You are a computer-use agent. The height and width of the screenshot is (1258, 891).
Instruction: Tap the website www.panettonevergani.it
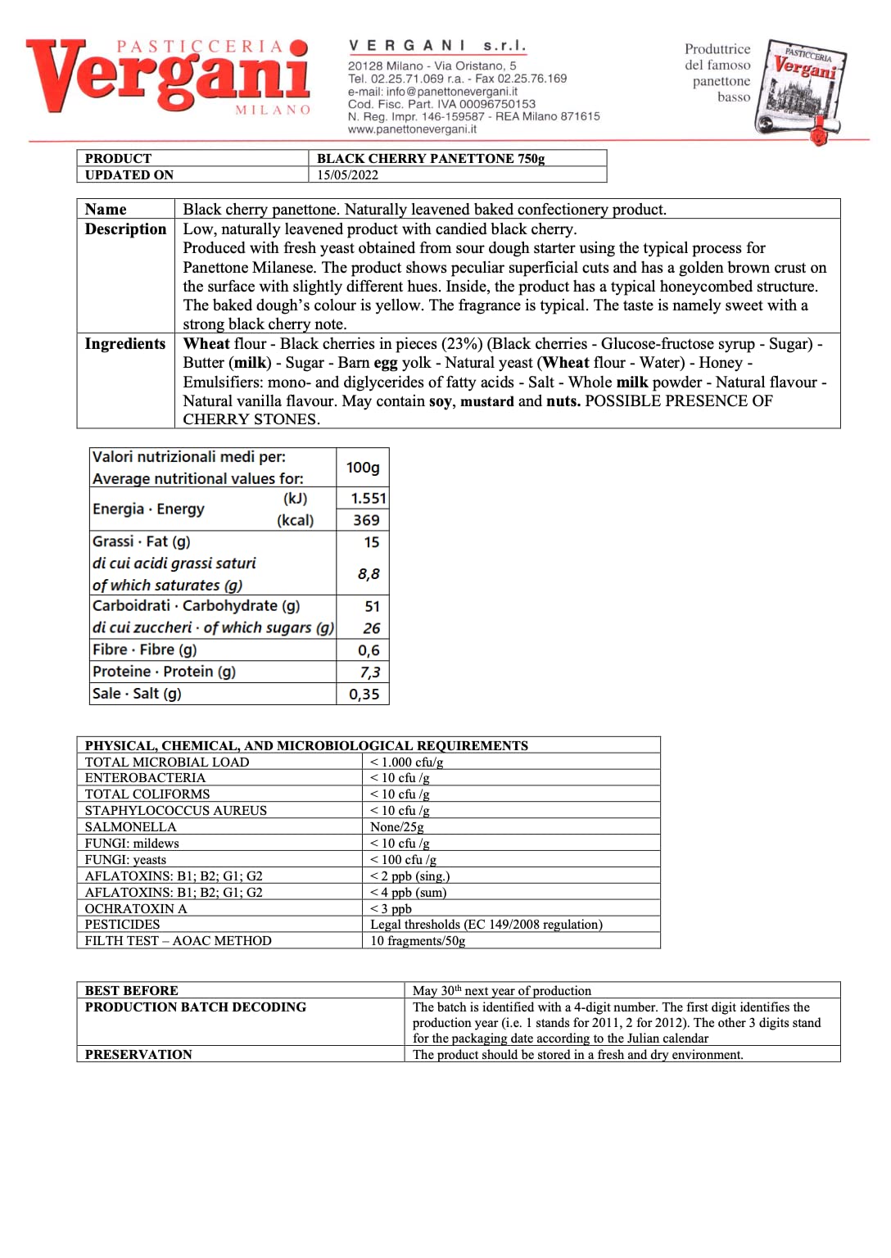pyautogui.click(x=412, y=129)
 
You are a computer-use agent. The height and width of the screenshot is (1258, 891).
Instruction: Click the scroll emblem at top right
pyautogui.click(x=800, y=90)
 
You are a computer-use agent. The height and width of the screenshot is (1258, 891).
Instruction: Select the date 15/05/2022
pyautogui.click(x=347, y=175)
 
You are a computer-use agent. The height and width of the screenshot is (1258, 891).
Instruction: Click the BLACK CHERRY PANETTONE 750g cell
pyautogui.click(x=431, y=159)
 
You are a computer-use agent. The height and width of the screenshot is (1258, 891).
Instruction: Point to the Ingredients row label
pyautogui.click(x=125, y=344)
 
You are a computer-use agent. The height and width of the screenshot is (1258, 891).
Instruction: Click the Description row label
pyautogui.click(x=125, y=229)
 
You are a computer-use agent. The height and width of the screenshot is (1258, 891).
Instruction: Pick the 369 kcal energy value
pyautogui.click(x=366, y=520)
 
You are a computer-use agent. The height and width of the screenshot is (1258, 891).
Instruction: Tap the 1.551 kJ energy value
pyautogui.click(x=368, y=498)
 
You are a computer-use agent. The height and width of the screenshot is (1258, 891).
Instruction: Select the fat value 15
pyautogui.click(x=372, y=542)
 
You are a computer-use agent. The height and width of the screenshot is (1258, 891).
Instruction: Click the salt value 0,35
pyautogui.click(x=364, y=695)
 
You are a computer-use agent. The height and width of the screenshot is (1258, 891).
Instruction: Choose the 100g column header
pyautogui.click(x=363, y=468)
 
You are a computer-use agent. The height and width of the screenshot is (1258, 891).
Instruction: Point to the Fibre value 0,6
pyautogui.click(x=369, y=650)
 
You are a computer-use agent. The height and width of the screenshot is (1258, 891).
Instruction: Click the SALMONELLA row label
pyautogui.click(x=131, y=827)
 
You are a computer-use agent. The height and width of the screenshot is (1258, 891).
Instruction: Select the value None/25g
pyautogui.click(x=397, y=827)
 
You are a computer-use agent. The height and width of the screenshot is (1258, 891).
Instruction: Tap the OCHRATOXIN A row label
pyautogui.click(x=136, y=909)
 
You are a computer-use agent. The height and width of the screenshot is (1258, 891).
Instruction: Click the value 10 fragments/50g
pyautogui.click(x=418, y=941)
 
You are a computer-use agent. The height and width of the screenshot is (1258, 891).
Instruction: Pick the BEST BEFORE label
pyautogui.click(x=132, y=991)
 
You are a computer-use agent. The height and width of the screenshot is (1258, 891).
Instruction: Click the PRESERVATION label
pyautogui.click(x=138, y=1055)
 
